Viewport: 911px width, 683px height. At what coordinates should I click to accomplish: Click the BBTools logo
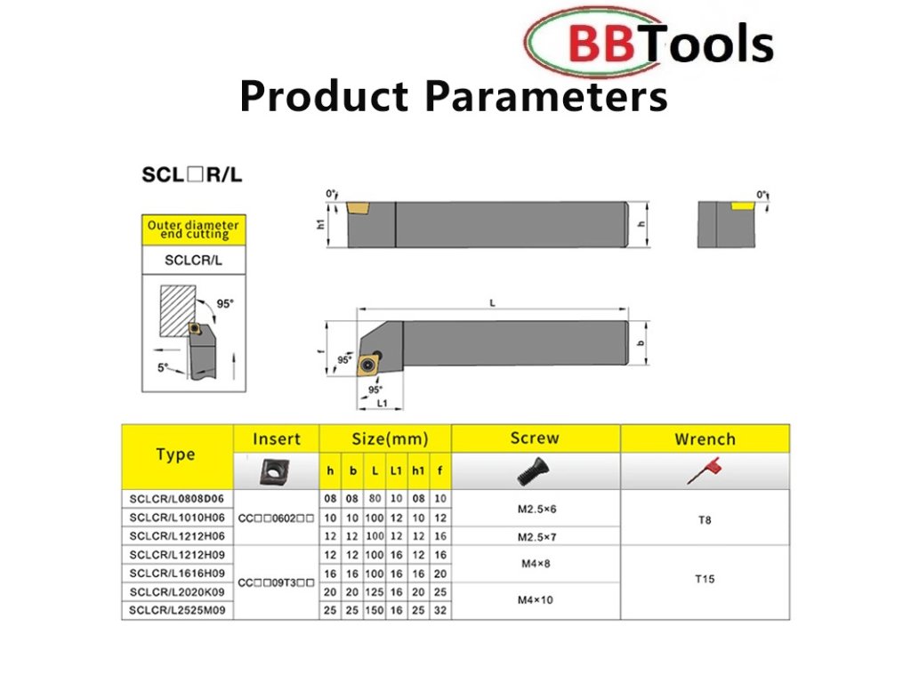(649, 43)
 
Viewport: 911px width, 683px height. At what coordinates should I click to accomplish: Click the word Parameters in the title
(546, 96)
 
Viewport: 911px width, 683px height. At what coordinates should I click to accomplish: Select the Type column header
(175, 454)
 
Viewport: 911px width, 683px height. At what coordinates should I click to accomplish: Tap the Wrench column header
(705, 439)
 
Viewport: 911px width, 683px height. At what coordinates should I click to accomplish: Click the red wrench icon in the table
(705, 470)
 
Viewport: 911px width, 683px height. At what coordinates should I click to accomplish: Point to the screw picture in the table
(535, 471)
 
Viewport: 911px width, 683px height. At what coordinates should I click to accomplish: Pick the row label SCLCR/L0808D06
(177, 499)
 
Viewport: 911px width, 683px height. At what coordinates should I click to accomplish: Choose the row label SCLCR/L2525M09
(177, 610)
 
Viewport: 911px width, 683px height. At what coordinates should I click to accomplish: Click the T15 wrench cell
(705, 579)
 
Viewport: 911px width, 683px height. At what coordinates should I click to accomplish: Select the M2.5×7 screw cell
(536, 536)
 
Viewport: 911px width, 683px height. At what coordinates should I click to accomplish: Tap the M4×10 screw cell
(535, 600)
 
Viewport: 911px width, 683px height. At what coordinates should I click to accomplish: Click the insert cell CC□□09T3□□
(276, 583)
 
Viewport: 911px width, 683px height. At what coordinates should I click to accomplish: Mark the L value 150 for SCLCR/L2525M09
(375, 610)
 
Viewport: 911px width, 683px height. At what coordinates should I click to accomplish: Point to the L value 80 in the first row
(375, 499)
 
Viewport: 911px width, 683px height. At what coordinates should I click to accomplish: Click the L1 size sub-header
(396, 471)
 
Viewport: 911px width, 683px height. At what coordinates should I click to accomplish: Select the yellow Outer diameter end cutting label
(193, 229)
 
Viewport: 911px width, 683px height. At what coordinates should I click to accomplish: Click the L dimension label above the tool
(492, 302)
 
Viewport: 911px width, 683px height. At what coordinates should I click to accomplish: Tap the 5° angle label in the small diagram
(163, 367)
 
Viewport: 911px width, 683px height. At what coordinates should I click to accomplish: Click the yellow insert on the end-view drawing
(742, 206)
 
